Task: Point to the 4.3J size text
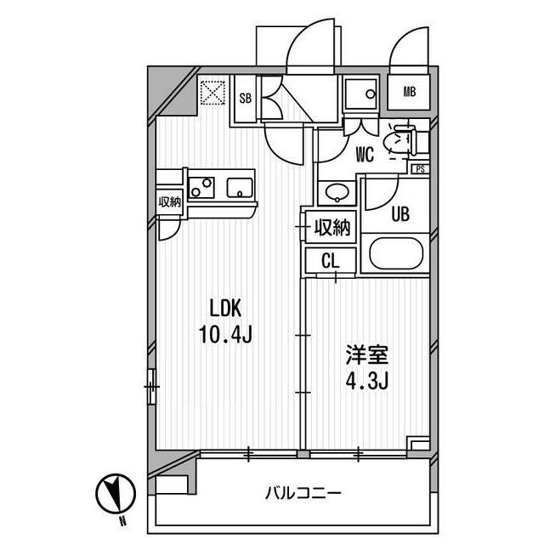point(366,379)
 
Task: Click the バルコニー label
point(303,493)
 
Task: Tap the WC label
point(365,155)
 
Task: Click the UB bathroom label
point(400,214)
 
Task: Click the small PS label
point(419,168)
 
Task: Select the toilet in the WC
point(399,141)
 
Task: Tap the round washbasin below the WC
point(338,192)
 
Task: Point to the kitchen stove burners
point(202,187)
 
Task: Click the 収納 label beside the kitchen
point(169,201)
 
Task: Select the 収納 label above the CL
point(332,227)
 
